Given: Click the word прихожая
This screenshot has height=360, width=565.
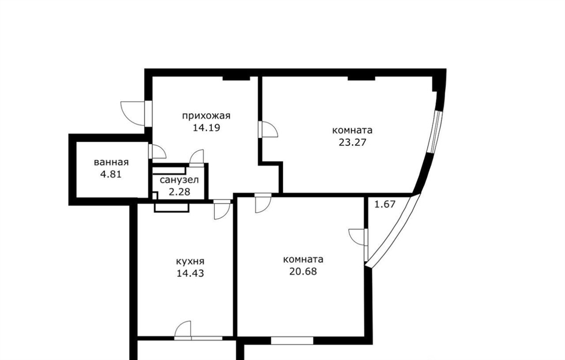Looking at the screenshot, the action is point(206,116).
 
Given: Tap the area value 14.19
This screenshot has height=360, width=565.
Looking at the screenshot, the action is point(206,128).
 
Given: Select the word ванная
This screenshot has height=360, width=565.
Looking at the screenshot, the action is point(111,162).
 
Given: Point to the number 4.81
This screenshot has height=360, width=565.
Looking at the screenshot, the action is point(111,174).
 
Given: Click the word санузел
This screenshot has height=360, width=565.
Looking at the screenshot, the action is point(179,179).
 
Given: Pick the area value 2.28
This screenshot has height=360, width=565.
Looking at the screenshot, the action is point(179,192).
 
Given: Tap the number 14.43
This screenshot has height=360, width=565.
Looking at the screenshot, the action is point(190,273).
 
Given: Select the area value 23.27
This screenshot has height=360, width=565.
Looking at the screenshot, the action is point(353,142).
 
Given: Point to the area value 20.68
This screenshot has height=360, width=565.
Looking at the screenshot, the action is point(303,271).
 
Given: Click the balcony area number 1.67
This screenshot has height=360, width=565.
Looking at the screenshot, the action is point(385,204).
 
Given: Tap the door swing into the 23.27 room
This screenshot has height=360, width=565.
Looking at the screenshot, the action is point(269,130).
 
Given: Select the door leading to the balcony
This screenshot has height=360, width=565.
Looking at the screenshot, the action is point(357,237).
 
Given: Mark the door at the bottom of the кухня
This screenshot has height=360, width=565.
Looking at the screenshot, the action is point(183,329).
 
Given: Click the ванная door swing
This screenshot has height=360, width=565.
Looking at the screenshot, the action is point(157,151).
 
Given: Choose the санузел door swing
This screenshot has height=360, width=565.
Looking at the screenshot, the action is point(197,157).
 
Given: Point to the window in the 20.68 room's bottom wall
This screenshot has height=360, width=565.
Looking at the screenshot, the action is point(292,340).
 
